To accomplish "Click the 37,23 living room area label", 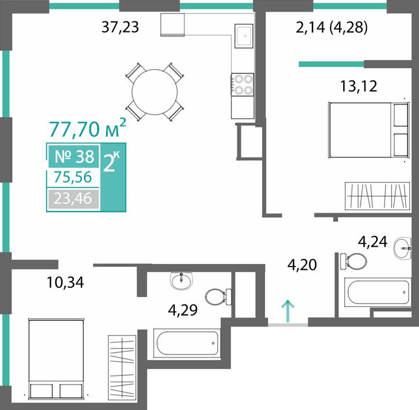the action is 120,27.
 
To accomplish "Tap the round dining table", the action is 155,92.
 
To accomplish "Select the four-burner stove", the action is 242,85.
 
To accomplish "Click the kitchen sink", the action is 244,36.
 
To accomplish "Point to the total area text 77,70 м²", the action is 87,129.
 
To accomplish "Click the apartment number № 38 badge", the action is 74,156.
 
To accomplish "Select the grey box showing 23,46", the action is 73,199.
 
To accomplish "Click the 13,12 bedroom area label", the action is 359,86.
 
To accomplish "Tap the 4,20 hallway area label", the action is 302,265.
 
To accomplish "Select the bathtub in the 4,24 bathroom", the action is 377,292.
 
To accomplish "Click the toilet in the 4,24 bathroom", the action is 353,261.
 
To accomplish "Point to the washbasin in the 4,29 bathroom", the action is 182,281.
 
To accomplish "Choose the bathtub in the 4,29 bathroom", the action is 187,343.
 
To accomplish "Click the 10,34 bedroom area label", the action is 65,283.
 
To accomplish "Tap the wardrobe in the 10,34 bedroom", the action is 122,365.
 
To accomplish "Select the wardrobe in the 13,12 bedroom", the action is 377,196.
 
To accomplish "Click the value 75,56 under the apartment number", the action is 73,177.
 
